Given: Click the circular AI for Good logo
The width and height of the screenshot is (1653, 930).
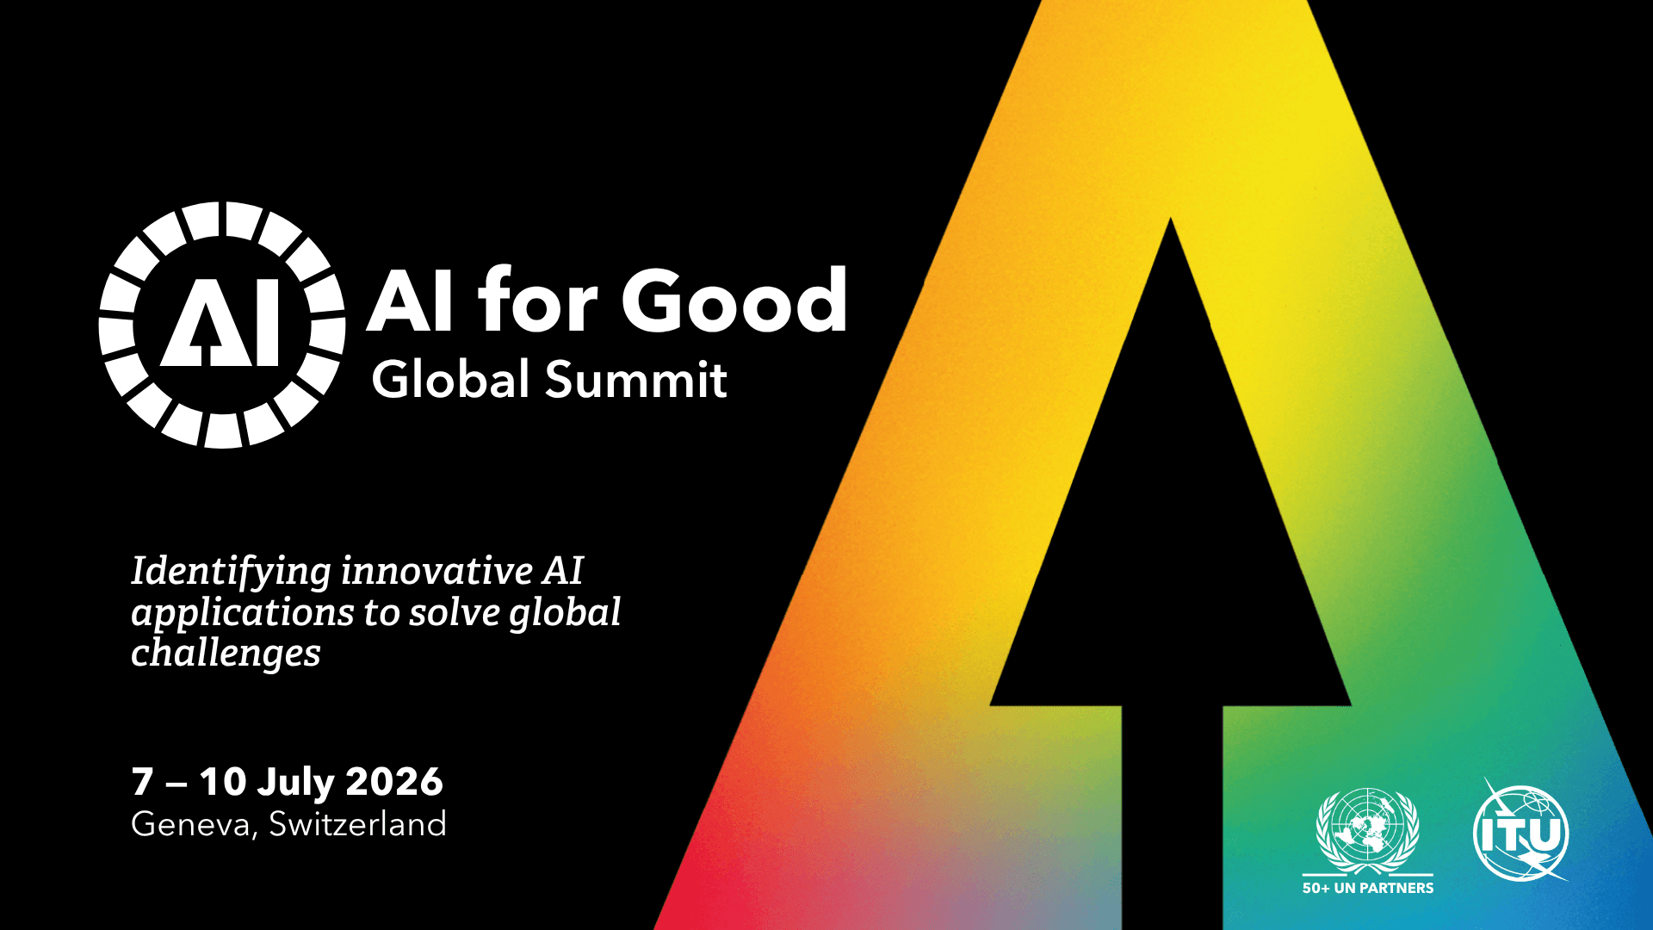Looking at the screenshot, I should tap(222, 325).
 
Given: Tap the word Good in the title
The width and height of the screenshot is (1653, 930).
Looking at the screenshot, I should tap(734, 301).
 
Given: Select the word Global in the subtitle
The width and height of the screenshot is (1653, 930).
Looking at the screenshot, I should tap(449, 380).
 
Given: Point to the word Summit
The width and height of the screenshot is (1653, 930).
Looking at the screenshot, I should tap(636, 380).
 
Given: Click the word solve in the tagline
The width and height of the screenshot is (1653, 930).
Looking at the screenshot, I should tap(454, 612).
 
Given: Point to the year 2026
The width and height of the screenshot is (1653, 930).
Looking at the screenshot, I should tap(394, 782).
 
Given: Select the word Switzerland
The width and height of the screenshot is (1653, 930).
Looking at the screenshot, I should tap(357, 824).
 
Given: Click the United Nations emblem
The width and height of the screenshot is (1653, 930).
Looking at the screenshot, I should tap(1367, 830).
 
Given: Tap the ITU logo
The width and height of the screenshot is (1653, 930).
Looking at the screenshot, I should tap(1521, 833).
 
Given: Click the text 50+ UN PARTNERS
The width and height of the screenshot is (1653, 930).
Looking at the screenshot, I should tap(1368, 888).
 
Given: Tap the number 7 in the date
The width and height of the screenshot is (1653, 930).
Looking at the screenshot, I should tap(142, 782).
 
